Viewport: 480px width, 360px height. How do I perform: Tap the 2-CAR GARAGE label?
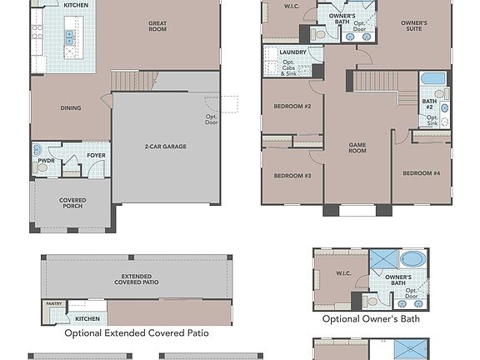pos(164,147)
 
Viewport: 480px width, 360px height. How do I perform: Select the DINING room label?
pos(70,107)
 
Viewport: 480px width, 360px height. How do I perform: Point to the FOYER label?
pos(96,155)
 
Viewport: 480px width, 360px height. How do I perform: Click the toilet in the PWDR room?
pos(42,167)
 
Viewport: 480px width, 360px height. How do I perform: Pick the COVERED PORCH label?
pos(72,204)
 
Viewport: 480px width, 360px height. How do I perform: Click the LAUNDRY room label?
pos(292,52)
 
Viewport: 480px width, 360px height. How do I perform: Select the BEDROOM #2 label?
pos(292,106)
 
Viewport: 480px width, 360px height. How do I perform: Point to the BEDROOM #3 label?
pos(292,176)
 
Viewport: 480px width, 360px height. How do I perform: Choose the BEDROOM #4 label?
pos(420,173)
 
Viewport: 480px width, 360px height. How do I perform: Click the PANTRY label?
pos(54,304)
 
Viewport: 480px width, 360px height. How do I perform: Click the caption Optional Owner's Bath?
pos(371,318)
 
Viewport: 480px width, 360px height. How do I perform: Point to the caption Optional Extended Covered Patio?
pos(136,332)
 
